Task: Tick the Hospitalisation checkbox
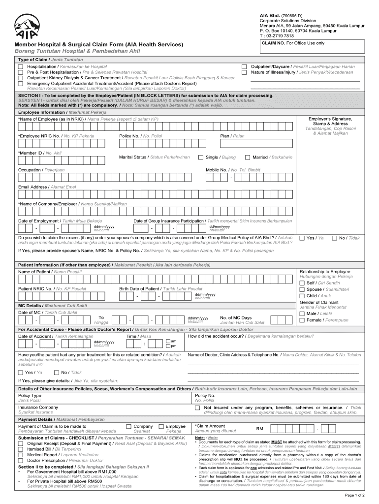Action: point(21,66)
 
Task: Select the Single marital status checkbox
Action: point(201,157)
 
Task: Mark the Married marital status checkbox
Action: point(248,157)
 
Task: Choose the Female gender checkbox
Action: point(302,320)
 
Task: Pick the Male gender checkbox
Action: point(302,314)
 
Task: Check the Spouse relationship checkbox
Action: point(302,289)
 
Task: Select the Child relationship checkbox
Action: point(302,296)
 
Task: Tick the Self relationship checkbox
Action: point(302,283)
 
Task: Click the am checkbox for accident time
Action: point(168,341)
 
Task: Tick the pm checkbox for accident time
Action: point(168,346)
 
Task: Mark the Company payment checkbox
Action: point(129,426)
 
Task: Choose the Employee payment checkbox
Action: point(161,426)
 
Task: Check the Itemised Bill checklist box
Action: point(21,449)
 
